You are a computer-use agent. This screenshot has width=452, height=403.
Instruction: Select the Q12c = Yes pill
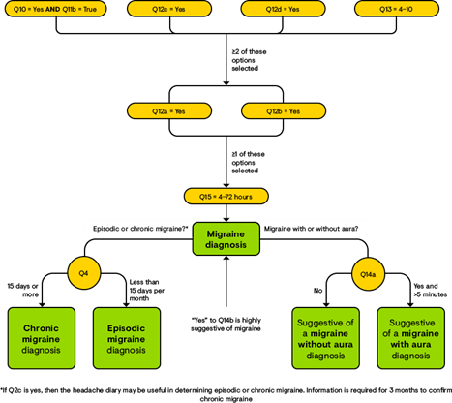tap(169, 9)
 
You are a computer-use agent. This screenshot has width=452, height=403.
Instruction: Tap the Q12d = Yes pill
tap(284, 9)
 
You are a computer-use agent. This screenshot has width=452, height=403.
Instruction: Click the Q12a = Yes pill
tap(169, 111)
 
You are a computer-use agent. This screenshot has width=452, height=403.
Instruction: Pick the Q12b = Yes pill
tap(284, 111)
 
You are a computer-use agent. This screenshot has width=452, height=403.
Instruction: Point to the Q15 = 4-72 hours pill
tap(226, 196)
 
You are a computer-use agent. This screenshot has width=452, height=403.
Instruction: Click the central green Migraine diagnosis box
tap(226, 239)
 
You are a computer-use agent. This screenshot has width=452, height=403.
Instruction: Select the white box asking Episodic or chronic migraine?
tap(137, 229)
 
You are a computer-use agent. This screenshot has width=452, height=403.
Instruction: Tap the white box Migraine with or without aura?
tap(312, 229)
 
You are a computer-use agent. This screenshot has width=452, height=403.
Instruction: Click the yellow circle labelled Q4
tap(84, 274)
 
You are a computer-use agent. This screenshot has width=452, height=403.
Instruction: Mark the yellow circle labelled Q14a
tap(368, 274)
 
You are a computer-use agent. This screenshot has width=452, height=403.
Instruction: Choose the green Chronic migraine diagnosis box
tap(42, 338)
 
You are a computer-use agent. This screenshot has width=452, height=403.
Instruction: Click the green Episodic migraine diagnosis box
tap(127, 338)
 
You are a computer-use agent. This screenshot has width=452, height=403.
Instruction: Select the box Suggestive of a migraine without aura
tap(325, 338)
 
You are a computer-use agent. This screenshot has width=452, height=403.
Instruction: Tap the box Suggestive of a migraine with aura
tap(410, 338)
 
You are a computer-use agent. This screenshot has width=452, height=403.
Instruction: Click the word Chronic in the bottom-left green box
tap(42, 327)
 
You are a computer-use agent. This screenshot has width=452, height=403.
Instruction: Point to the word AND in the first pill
tap(53, 9)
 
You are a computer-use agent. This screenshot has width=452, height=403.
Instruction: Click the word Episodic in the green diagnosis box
tap(127, 327)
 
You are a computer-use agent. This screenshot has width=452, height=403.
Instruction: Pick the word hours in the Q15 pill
tap(242, 196)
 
